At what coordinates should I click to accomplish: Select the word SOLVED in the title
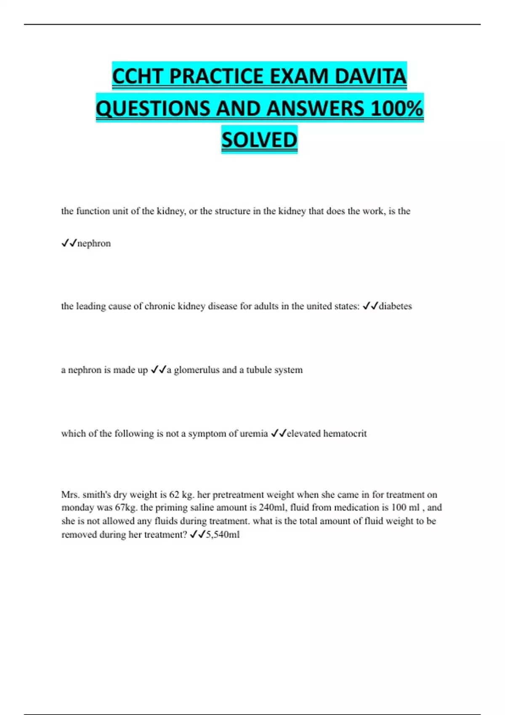point(259,140)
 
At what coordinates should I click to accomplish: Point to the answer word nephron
point(94,244)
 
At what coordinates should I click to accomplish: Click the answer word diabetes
point(395,306)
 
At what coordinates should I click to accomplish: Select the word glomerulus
point(197,370)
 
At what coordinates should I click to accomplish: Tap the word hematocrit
point(345,434)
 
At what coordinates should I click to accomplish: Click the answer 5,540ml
point(223,535)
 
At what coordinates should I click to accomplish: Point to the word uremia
point(254,434)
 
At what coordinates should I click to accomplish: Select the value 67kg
point(126,508)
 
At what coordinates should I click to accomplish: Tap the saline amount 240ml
point(271,508)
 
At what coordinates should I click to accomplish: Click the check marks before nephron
point(69,244)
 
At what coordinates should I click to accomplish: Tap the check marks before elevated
point(279,433)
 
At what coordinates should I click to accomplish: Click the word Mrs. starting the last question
point(70,495)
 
